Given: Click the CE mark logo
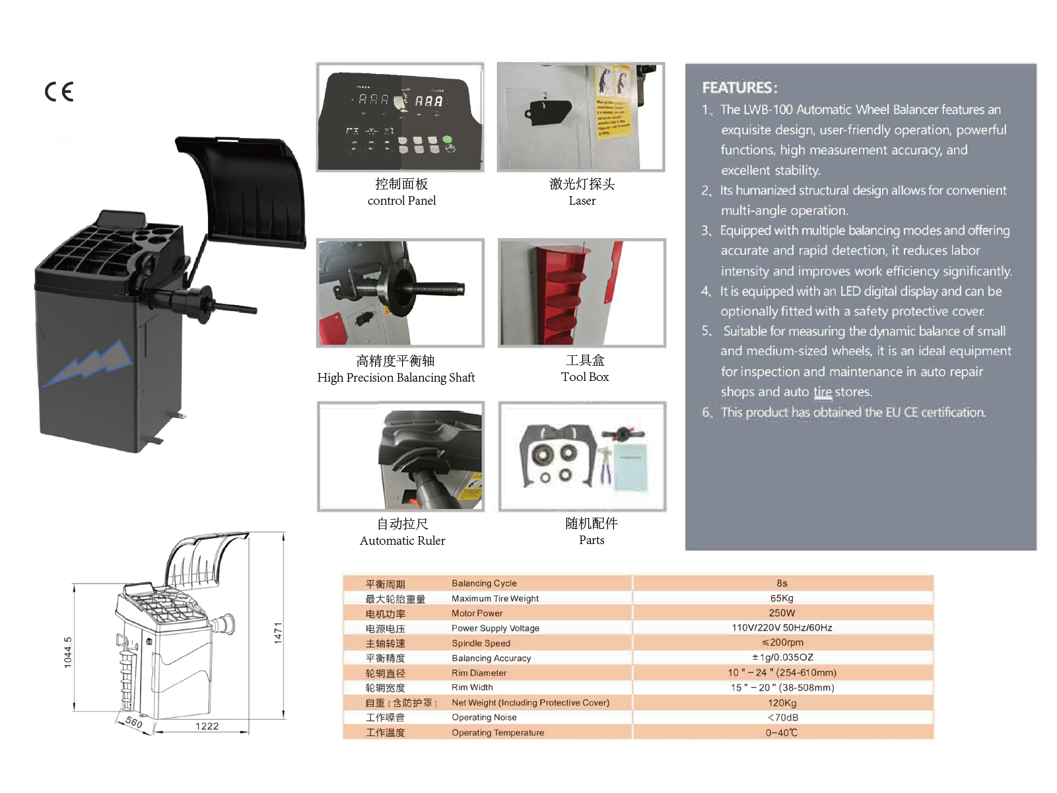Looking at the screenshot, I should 59,91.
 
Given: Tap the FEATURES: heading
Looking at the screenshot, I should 739,88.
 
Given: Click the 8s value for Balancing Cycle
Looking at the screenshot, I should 782,583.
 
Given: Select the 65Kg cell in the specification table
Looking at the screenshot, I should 782,598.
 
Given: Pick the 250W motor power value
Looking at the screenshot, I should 782,613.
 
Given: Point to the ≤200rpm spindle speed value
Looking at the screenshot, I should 782,642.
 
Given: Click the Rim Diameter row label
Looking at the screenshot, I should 479,673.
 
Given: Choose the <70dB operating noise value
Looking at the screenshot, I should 782,718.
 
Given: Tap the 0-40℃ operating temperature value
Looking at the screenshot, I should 782,733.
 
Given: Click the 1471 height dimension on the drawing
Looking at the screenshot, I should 278,633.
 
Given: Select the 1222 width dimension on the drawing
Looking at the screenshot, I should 207,726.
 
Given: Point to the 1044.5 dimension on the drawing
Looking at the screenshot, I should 68,652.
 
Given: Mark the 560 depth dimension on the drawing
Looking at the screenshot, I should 134,722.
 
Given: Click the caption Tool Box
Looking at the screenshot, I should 585,377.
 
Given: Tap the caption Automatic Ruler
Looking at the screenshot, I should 402,541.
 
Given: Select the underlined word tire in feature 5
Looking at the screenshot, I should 822,392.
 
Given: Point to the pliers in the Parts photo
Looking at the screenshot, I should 604,465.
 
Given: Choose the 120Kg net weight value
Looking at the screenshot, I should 782,703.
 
